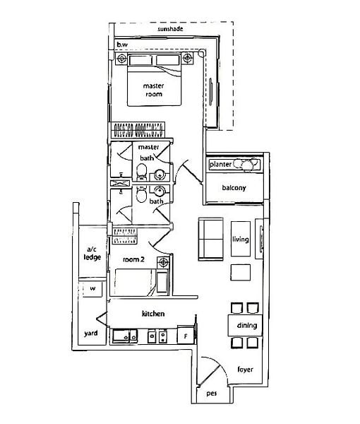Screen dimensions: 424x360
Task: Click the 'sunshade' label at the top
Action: pos(172,30)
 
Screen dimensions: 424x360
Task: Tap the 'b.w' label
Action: pos(122,44)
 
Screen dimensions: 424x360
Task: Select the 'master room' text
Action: pos(154,90)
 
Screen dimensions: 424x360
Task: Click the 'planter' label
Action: pos(222,164)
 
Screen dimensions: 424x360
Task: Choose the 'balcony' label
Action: pos(234,188)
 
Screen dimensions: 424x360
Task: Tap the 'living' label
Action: pos(241,240)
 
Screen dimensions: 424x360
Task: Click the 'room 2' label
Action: pos(133,260)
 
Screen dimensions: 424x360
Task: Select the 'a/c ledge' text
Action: pos(92,254)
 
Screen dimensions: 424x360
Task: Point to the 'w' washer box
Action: pos(92,290)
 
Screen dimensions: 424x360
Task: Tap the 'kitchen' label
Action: pos(153,313)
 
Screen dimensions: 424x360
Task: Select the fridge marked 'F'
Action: pos(185,337)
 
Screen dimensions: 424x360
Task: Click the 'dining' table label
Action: pos(246,326)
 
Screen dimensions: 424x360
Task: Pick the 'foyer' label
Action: pos(245,370)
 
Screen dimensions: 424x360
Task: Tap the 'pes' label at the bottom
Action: pos(211,394)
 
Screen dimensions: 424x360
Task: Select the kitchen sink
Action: pos(125,336)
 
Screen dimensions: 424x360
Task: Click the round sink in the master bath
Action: pos(160,175)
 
